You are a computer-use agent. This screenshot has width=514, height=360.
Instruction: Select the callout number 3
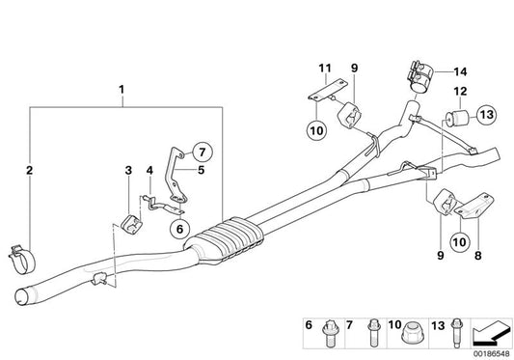point(127,171)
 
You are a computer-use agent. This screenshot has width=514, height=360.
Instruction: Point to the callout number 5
point(201,170)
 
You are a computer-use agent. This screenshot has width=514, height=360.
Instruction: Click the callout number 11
point(325,68)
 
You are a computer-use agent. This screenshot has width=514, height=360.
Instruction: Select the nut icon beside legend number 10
point(410,332)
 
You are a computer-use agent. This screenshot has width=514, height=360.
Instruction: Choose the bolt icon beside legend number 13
point(452,330)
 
